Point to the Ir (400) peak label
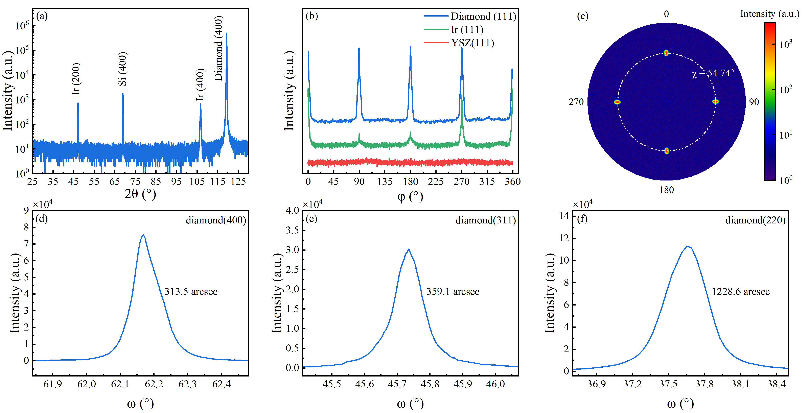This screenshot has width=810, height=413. point(200,85)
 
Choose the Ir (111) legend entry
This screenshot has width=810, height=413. point(467,30)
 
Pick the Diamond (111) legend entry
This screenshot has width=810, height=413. point(483,16)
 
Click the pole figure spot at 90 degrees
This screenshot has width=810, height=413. point(715,101)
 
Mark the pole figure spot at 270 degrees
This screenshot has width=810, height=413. point(617,102)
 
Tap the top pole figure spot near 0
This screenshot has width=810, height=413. point(666,53)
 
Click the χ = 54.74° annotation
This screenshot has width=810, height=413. point(713,73)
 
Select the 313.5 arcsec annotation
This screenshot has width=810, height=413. point(191,292)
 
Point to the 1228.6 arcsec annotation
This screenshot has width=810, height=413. point(741,292)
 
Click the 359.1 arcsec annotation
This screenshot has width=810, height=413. point(453,292)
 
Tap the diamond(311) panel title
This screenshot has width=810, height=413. point(486,220)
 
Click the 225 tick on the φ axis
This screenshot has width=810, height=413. point(436,182)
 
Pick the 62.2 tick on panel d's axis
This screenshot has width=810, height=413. point(154,384)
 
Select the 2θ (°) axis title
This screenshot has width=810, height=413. point(140,194)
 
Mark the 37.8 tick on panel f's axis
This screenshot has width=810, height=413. point(704,384)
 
